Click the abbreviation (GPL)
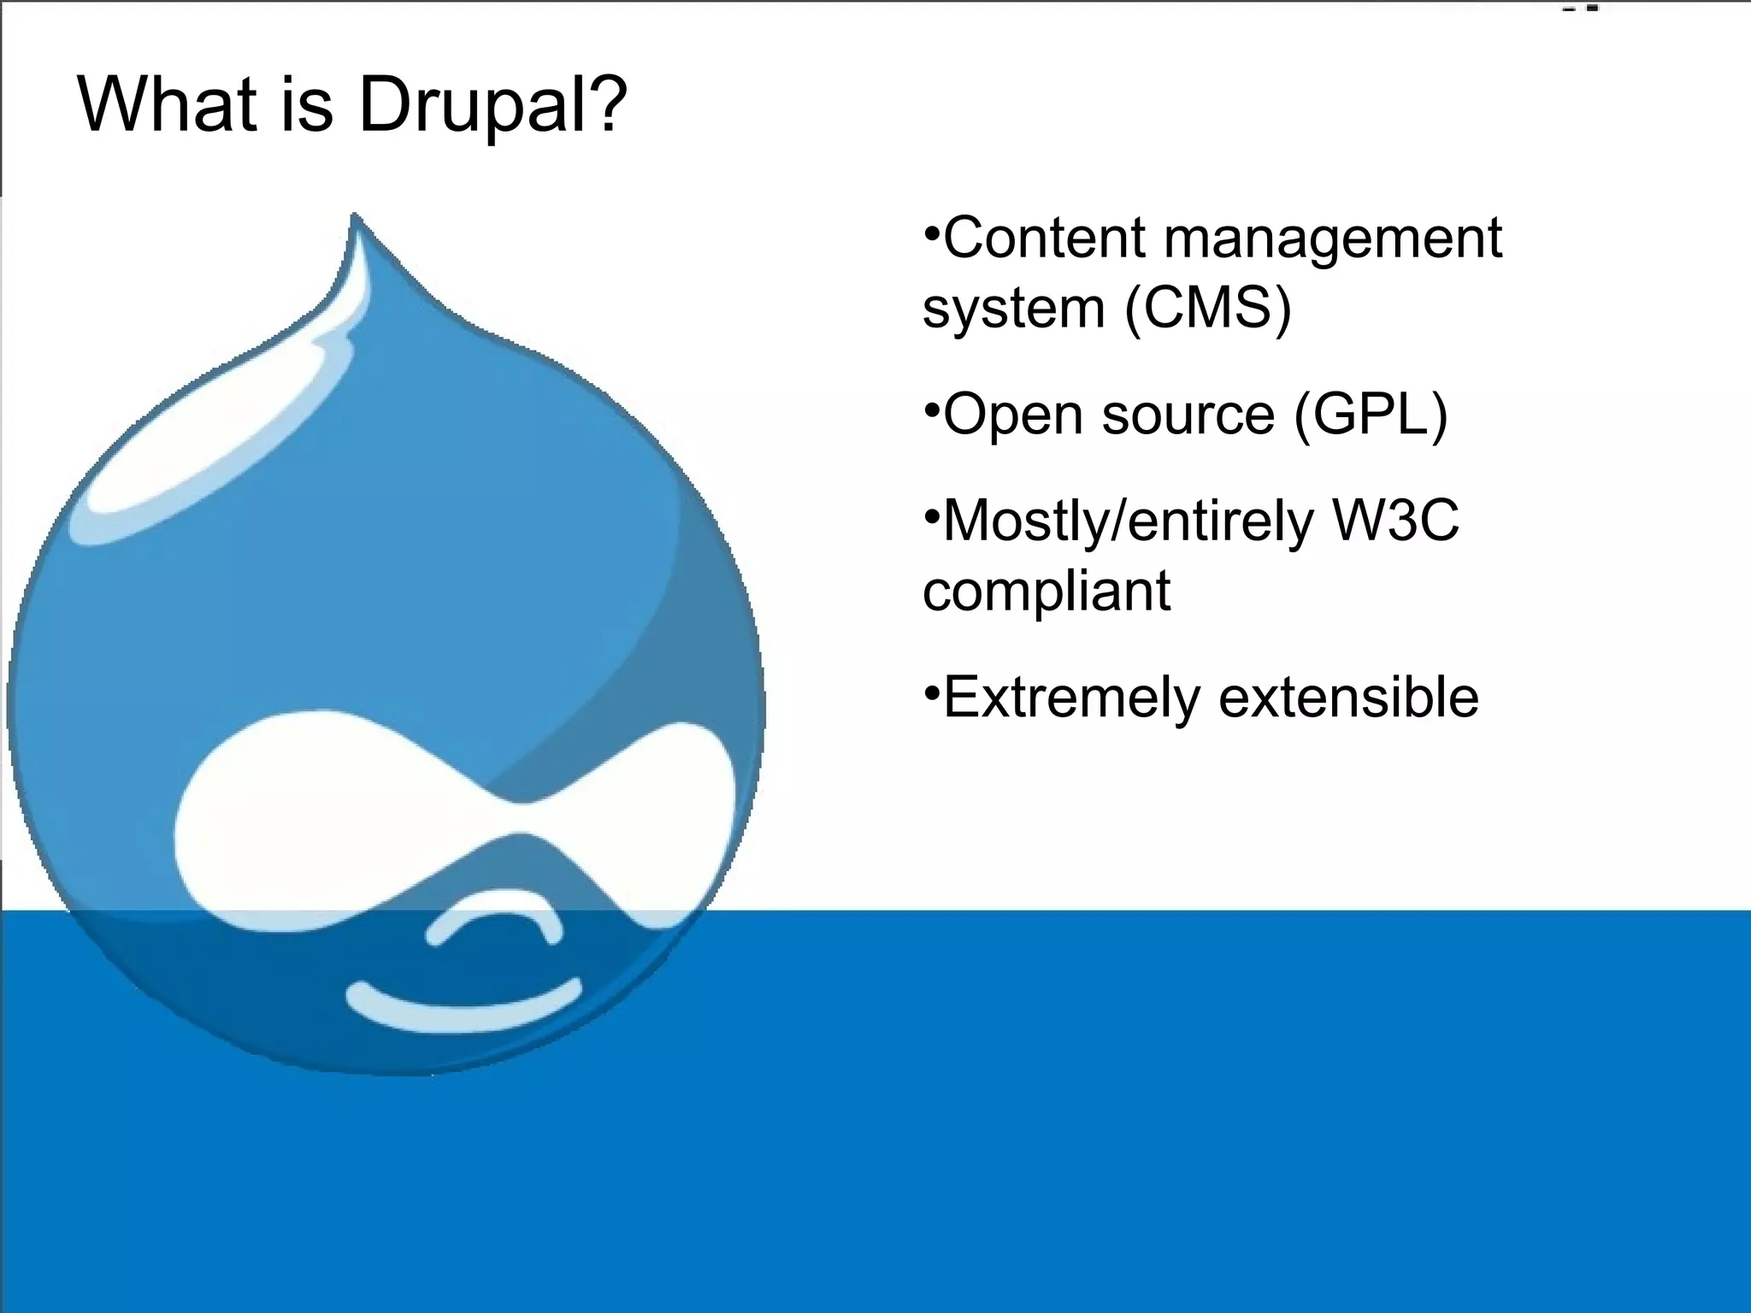pyautogui.click(x=1371, y=415)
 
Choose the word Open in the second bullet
pyautogui.click(x=1013, y=415)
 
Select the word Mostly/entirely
pyautogui.click(x=1128, y=521)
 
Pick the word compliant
pyautogui.click(x=1046, y=592)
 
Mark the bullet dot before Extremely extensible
pyautogui.click(x=931, y=691)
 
